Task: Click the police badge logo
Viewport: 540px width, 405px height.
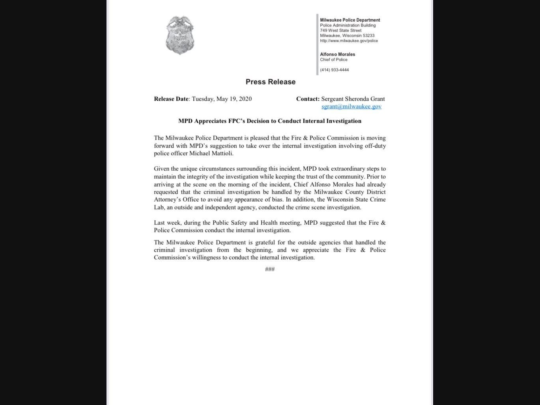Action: (180, 35)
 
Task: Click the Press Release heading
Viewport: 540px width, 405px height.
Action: (271, 82)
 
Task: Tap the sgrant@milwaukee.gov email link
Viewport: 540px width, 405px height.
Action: (351, 106)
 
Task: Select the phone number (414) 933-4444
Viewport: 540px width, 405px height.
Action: (334, 70)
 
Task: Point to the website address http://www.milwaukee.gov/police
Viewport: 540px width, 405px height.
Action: (349, 41)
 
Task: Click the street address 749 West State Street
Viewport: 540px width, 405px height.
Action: (340, 30)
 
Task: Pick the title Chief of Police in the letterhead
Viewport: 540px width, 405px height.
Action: (334, 60)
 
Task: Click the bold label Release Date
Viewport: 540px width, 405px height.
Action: (171, 99)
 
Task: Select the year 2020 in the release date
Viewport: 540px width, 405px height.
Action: (245, 99)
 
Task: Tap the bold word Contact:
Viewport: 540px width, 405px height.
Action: (308, 99)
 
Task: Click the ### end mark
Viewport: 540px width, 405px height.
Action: (270, 269)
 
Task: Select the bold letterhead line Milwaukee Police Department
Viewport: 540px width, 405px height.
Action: (350, 20)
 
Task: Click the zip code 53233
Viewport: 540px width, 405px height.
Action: (368, 35)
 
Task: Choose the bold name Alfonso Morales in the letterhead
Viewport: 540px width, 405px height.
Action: (337, 54)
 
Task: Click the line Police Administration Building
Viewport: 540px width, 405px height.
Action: (348, 25)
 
